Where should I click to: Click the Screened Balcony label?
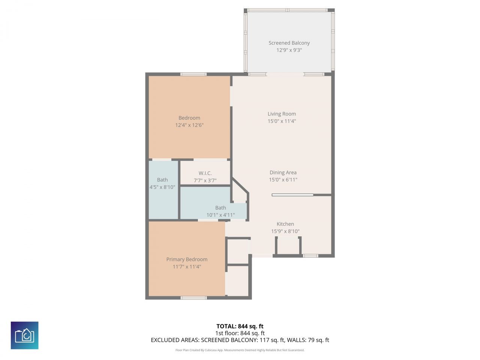[x=289, y=43]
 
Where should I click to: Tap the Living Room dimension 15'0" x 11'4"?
[x=282, y=121]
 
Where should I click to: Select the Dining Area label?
[x=283, y=172]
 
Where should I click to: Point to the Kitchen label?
[x=285, y=224]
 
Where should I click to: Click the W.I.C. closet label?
[x=205, y=173]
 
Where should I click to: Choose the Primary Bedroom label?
[x=187, y=259]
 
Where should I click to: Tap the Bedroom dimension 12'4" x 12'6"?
[x=189, y=125]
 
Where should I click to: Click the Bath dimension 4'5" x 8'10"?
[x=162, y=187]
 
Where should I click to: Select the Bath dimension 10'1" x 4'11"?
[x=220, y=215]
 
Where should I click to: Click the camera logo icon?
[x=25, y=335]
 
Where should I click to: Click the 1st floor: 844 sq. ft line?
[x=240, y=333]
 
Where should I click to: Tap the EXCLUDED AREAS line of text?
[x=240, y=340]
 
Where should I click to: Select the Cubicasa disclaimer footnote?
[x=240, y=350]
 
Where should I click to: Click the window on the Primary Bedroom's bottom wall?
[x=193, y=298]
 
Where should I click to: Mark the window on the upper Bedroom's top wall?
[x=193, y=74]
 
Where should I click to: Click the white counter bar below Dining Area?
[x=292, y=195]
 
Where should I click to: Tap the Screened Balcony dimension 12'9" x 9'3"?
[x=289, y=50]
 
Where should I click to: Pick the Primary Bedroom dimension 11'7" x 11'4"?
[x=187, y=267]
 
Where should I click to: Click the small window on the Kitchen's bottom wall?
[x=310, y=256]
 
